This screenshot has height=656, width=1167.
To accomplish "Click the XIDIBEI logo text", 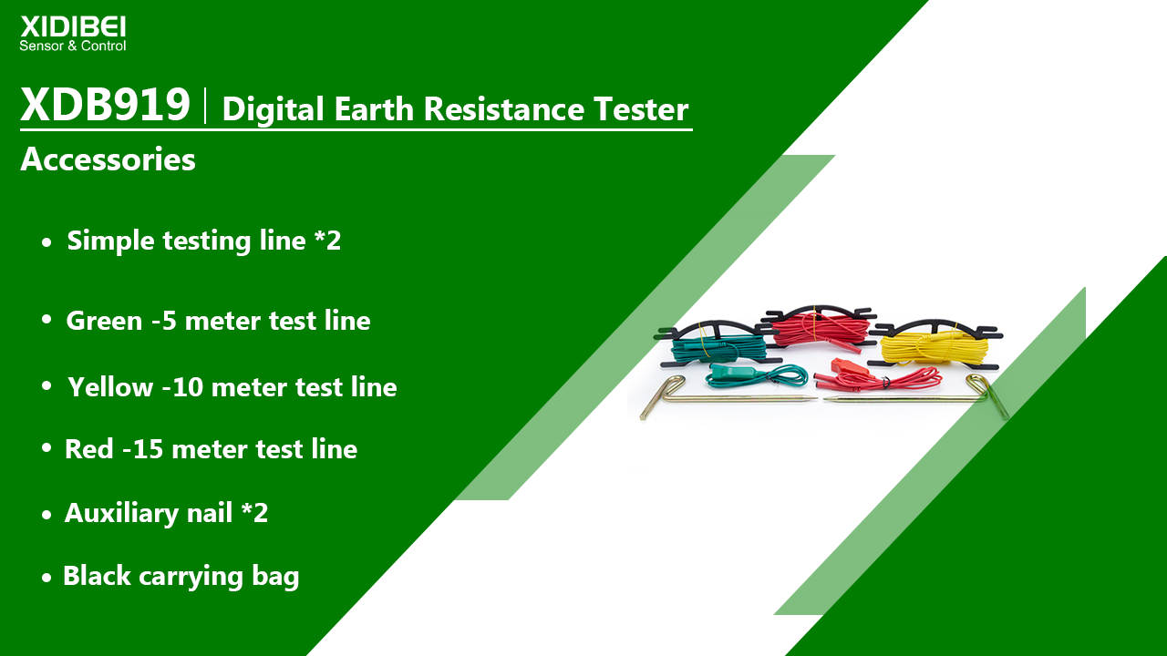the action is [x=73, y=26].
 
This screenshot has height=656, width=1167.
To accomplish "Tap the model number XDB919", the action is [x=105, y=104].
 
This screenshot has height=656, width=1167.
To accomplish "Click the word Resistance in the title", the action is [x=504, y=108].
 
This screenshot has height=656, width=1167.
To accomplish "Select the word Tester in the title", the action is [x=641, y=108].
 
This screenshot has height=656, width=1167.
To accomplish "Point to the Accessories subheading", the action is [x=108, y=159].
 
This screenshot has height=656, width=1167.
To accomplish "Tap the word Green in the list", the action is [x=104, y=320].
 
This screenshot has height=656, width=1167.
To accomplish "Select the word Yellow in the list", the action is [x=110, y=387].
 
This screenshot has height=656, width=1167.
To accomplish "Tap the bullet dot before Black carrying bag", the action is [x=46, y=578].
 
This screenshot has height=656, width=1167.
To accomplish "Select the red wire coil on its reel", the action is [x=821, y=328].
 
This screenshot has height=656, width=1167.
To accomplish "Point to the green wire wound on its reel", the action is [x=719, y=350].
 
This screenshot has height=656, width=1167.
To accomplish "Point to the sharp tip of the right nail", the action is [x=826, y=400].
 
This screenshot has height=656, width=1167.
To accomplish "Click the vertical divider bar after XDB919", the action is [x=206, y=106].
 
